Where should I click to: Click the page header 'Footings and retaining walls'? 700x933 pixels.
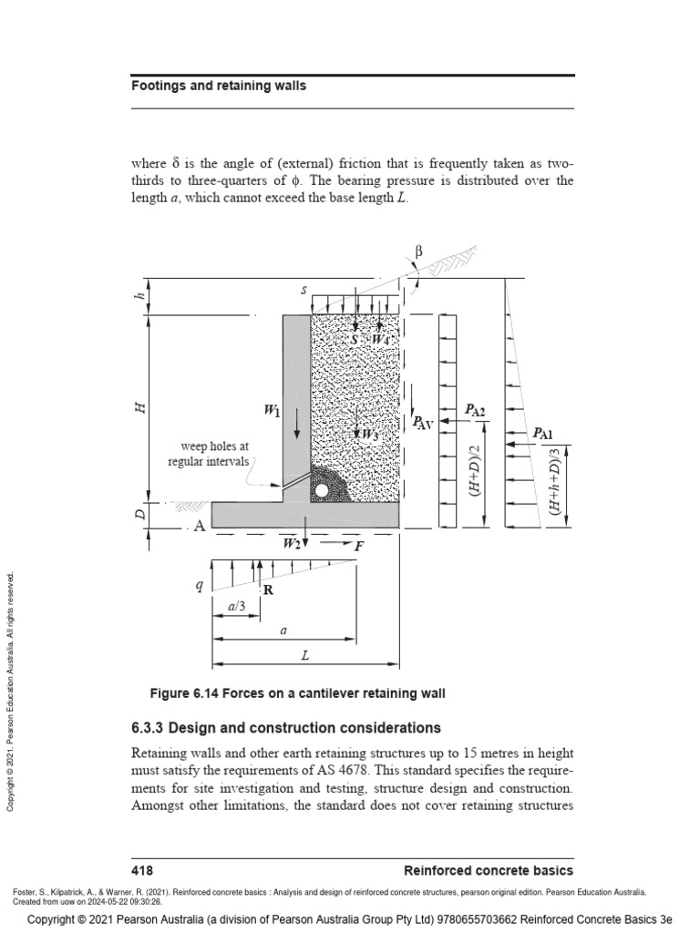pos(219,86)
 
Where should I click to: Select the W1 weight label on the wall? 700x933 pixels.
pos(273,412)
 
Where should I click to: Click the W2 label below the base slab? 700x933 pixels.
pos(292,544)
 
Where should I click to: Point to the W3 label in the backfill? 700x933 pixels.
pos(368,435)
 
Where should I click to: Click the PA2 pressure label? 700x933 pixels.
pos(475,412)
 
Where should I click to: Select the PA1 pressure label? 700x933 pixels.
pos(543,433)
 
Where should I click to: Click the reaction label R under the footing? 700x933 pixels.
pos(269,590)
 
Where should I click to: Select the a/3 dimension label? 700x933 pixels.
pos(235,603)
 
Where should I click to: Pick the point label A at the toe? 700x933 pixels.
pos(198,526)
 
